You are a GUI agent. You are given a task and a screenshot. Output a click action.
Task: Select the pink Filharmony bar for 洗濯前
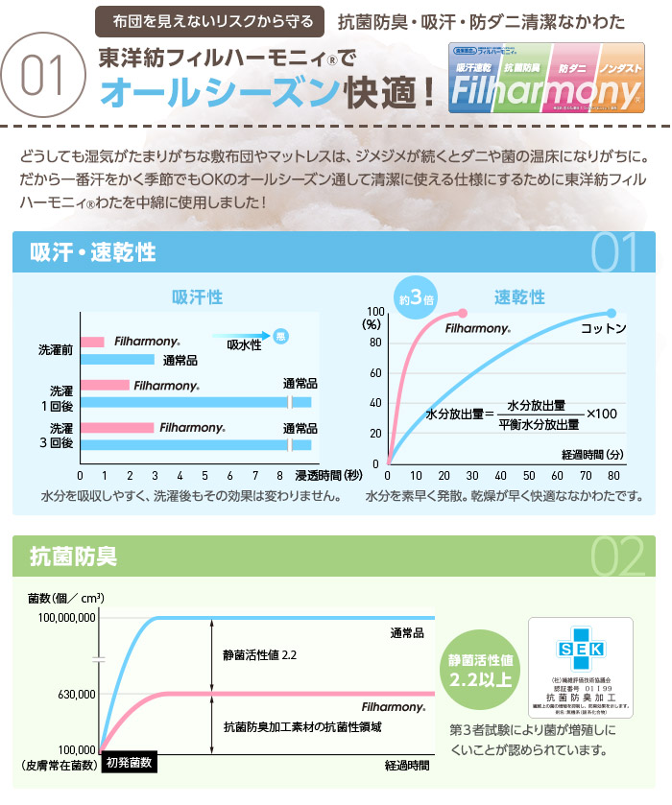click(92, 342)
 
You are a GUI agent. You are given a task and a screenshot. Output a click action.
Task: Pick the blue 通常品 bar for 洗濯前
click(117, 360)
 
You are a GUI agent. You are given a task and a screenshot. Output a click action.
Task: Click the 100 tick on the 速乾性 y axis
click(375, 312)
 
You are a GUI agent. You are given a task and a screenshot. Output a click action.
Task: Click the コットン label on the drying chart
click(604, 329)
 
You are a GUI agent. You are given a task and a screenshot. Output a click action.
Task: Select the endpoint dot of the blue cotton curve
click(612, 313)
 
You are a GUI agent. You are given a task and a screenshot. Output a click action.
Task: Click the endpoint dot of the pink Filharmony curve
click(463, 313)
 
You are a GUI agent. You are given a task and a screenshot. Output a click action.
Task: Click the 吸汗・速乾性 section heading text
click(93, 253)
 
